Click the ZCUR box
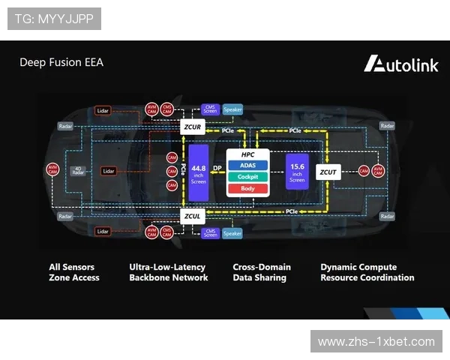coord(192,127)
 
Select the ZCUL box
coord(192,217)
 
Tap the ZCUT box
coord(328,172)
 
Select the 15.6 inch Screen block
coord(297,172)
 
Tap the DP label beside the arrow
coord(217,168)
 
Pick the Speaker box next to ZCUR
coord(232,109)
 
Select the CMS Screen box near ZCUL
coord(211,233)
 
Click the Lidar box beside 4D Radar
coord(108,171)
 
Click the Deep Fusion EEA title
coord(61,62)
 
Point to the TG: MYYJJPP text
coord(53,18)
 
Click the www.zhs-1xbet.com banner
coord(376,341)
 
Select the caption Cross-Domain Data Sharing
coord(262,272)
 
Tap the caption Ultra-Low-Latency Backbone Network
coord(169,272)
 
